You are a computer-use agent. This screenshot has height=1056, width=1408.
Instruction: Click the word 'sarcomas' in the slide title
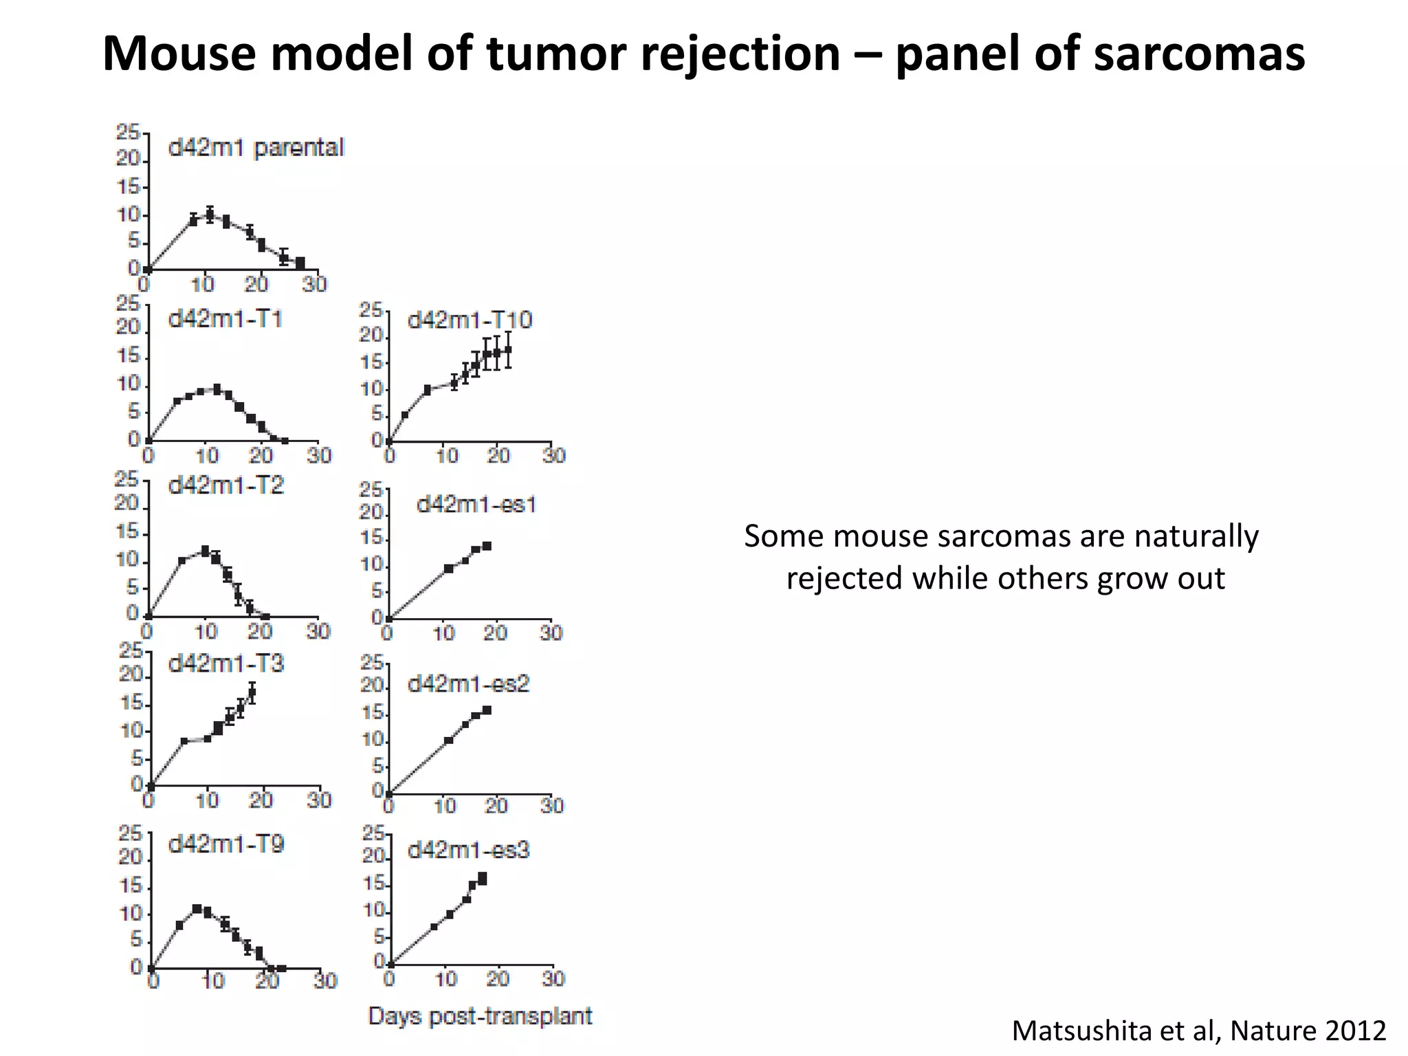(1198, 54)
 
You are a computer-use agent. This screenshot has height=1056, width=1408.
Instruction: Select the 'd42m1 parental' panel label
(256, 148)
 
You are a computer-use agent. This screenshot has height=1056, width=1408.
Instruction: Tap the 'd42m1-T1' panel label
(225, 319)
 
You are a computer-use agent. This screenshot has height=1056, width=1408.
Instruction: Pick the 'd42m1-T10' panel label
(470, 320)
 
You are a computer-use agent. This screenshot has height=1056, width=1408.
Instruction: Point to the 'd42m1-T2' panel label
(225, 485)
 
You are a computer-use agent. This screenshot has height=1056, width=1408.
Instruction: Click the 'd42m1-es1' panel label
(476, 505)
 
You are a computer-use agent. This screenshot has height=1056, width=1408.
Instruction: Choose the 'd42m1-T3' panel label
(225, 663)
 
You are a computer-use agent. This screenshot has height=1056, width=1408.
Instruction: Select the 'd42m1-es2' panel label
(468, 684)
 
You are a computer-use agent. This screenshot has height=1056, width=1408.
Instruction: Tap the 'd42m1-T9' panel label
(225, 844)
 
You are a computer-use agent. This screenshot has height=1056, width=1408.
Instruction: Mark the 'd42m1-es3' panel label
(468, 850)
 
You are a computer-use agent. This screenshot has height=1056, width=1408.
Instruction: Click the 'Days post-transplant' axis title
(480, 1015)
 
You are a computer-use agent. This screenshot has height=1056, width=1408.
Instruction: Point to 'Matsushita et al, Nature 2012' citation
(1198, 1031)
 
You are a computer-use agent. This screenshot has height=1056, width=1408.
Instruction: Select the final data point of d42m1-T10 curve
(508, 349)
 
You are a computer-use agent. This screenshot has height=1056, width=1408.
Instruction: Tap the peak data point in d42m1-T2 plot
(205, 551)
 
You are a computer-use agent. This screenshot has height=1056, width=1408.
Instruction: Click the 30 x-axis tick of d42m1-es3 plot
(553, 978)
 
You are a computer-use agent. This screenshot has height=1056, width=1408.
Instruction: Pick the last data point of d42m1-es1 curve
(487, 546)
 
